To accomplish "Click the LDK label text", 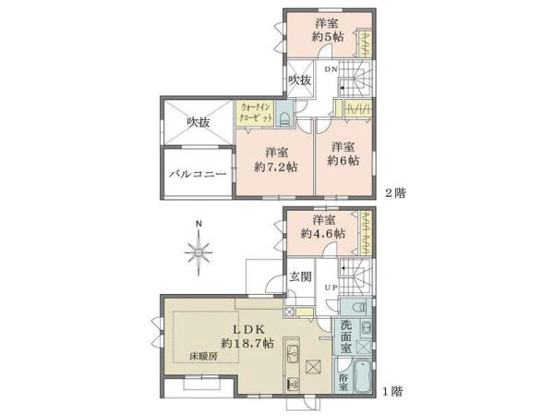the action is pos(247,330).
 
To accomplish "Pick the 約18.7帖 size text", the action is pos(247,343).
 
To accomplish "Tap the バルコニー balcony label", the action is pos(198,174).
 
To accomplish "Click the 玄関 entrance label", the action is pos(301,276).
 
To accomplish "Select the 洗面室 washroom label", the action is pos(346,336).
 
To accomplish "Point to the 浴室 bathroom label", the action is pos(343,382).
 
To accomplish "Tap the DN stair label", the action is pos(331,69).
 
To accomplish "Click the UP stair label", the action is pos(331,288).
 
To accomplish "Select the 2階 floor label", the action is pos(395,193).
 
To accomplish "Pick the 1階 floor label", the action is pos(393,392).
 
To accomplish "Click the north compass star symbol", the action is pos(199,252).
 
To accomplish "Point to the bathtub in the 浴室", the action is pos(362,376).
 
